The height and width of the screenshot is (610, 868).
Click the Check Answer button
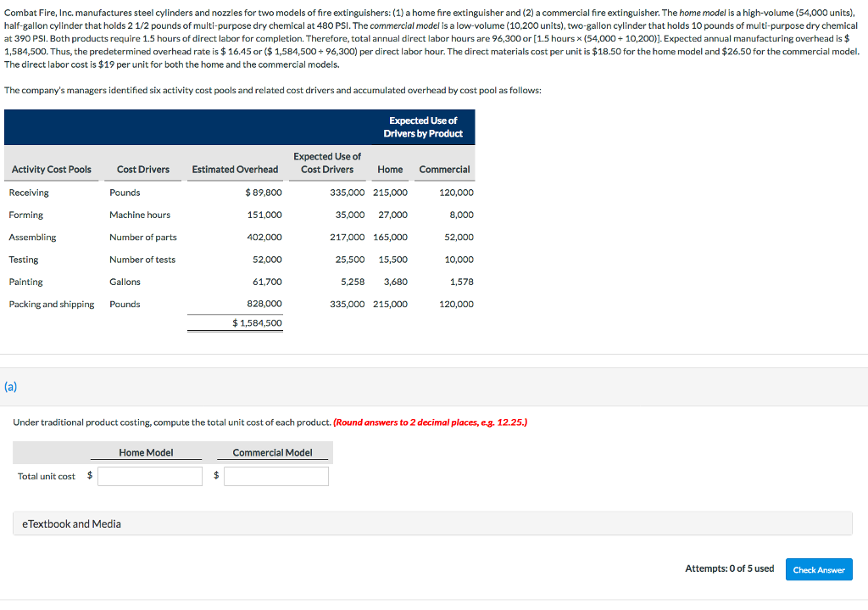[818, 569]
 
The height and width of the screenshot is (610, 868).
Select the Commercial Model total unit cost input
[275, 476]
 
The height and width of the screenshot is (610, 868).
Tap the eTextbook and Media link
[71, 523]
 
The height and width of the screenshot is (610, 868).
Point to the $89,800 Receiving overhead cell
[263, 193]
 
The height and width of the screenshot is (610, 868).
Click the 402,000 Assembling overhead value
[264, 238]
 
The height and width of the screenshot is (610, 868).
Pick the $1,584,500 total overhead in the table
[257, 323]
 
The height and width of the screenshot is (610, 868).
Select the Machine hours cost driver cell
[140, 215]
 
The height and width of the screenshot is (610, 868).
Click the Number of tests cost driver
[142, 260]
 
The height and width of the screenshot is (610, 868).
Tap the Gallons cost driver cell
[125, 282]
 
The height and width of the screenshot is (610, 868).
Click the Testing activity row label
[24, 260]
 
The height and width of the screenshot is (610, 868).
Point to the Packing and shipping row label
[52, 305]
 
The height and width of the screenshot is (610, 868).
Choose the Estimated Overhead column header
[235, 170]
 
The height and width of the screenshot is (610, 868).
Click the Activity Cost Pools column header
[52, 170]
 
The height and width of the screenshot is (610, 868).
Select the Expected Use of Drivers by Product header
[423, 127]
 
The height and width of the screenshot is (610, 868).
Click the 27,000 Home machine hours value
[392, 215]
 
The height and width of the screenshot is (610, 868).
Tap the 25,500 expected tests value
[350, 260]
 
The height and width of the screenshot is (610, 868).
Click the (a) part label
[10, 386]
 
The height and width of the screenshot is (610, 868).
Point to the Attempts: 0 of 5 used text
[729, 568]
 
